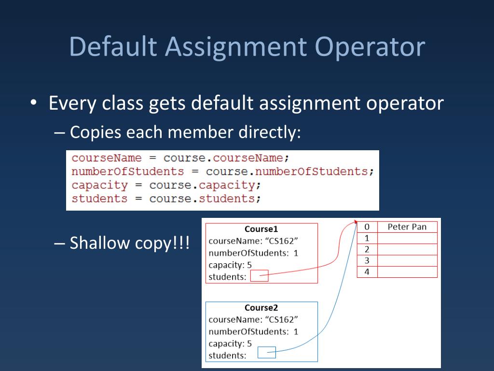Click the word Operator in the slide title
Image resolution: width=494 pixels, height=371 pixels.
click(370, 47)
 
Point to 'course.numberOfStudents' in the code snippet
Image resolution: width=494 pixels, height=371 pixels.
click(290, 171)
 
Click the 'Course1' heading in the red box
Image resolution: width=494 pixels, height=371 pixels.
click(261, 229)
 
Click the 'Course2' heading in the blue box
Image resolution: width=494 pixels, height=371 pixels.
click(261, 308)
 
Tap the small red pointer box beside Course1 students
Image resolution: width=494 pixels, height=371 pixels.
click(260, 277)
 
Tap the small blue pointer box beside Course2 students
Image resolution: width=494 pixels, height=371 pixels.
click(266, 353)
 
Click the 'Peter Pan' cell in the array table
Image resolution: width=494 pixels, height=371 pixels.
click(407, 227)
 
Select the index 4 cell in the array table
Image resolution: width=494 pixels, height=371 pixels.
click(367, 272)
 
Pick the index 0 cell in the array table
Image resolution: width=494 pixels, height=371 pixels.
click(367, 227)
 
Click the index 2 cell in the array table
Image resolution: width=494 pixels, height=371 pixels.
click(367, 249)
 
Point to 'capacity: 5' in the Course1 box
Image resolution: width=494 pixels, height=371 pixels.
click(230, 265)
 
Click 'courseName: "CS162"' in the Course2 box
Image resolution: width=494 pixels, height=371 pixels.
click(253, 319)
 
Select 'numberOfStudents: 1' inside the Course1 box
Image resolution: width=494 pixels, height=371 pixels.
click(253, 253)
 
